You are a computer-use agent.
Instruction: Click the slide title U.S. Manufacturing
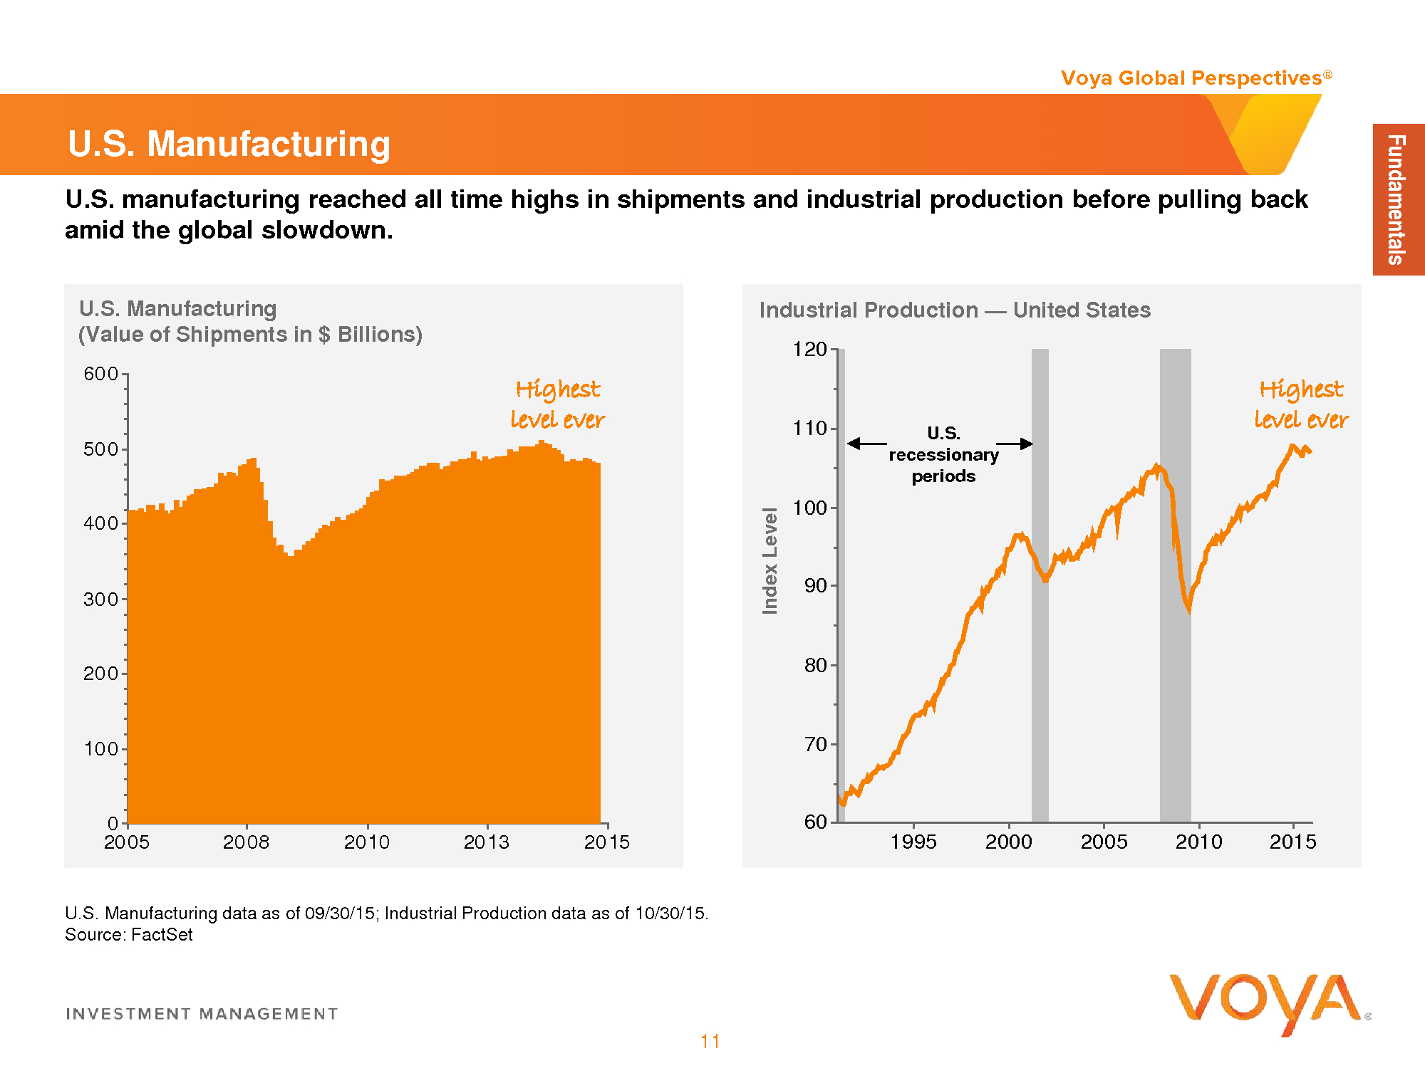(229, 144)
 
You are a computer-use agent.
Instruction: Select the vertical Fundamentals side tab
(1398, 199)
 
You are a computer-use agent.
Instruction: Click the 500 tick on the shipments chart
(100, 449)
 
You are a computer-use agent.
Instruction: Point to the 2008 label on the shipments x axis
(247, 842)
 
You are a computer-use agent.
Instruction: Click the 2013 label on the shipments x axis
(487, 842)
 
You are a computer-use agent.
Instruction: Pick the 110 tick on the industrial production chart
(810, 429)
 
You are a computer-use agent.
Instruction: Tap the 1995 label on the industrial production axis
(913, 842)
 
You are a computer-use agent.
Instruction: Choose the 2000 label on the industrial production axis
(1009, 842)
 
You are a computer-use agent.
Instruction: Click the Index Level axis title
(770, 560)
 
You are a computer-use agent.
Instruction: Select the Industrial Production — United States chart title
(955, 310)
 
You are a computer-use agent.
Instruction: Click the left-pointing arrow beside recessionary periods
(867, 444)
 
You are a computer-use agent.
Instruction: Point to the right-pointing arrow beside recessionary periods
(1015, 444)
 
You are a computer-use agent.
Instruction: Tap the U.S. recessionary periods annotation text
(944, 454)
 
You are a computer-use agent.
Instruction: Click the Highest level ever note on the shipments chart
(558, 404)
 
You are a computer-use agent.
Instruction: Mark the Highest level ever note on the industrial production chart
(1302, 404)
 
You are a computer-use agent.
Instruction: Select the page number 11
(710, 1042)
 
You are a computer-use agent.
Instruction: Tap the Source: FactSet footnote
(129, 935)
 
